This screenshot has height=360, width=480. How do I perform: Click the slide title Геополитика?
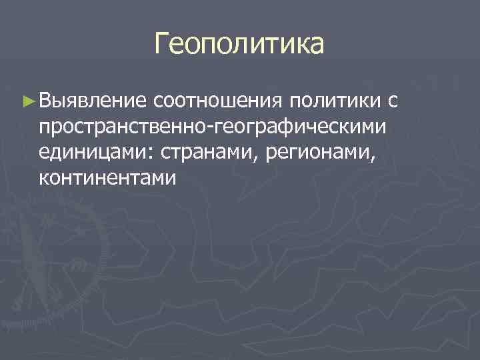pos(239,45)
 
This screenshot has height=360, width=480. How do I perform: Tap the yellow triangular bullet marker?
pos(27,101)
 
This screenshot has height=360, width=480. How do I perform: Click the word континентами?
pos(107,178)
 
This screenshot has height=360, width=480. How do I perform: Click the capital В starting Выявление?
pos(46,101)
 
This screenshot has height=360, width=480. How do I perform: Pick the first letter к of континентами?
pos(44,179)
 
